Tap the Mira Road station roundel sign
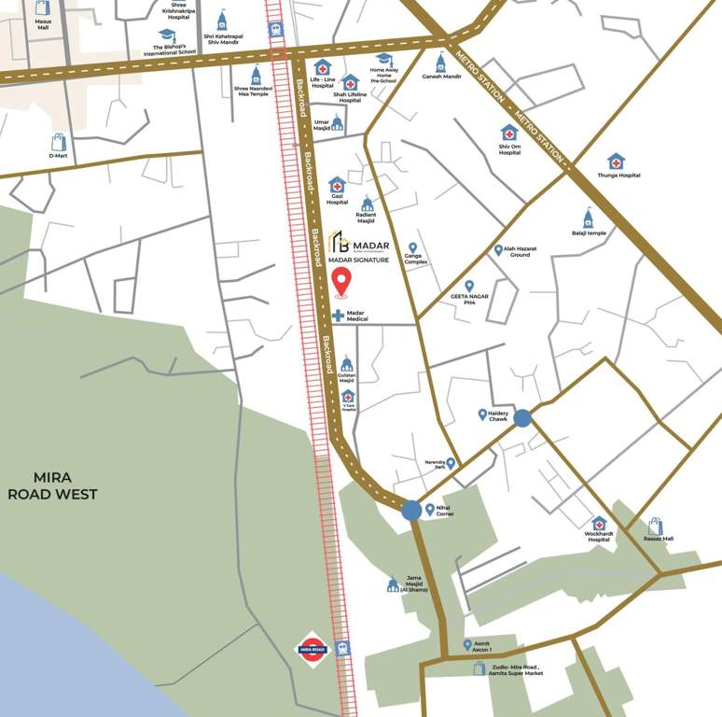312,649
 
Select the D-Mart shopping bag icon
59,142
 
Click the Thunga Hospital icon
616,162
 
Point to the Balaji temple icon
589,218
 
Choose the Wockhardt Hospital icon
599,524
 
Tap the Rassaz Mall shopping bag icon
656,527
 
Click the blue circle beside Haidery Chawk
522,418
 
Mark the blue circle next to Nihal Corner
411,511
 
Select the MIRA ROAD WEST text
52,486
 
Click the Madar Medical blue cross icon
338,316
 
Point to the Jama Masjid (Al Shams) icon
393,584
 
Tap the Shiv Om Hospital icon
509,133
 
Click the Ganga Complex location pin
412,248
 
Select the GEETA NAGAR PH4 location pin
469,286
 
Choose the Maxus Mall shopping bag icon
43,8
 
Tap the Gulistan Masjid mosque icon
347,363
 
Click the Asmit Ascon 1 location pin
467,645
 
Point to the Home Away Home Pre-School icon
383,60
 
